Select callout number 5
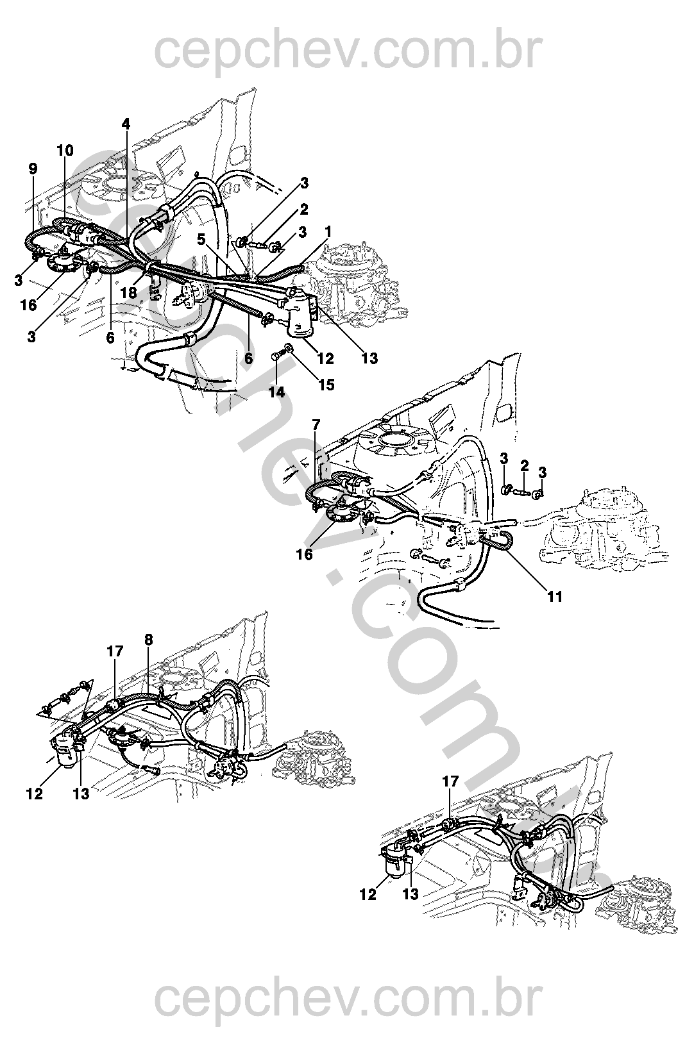coord(201,240)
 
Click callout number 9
coord(33,169)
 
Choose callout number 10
coord(65,151)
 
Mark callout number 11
coord(555,597)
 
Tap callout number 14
coord(276,392)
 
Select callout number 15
coord(326,385)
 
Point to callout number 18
coord(128,292)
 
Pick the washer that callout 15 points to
coord(289,348)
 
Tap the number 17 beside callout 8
coord(115,651)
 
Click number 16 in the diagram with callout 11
coord(305,554)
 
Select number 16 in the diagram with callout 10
coord(29,305)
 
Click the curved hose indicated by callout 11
coord(497,544)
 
